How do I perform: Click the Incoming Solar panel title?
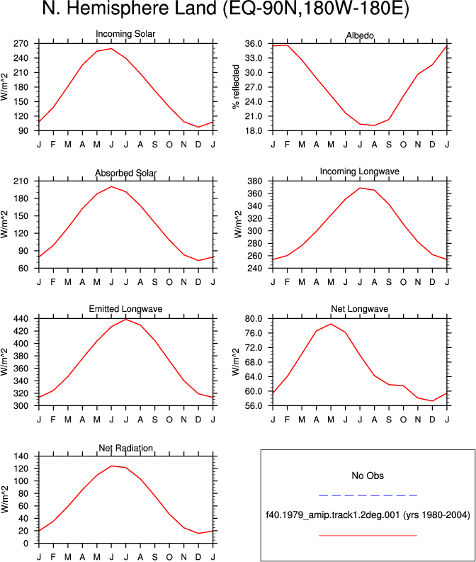pos(125,34)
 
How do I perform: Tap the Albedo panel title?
pos(360,35)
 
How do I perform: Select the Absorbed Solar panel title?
pos(125,173)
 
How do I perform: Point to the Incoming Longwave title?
pos(360,172)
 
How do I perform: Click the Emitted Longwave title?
pos(125,309)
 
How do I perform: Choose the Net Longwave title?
pos(360,309)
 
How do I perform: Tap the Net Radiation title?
pos(125,448)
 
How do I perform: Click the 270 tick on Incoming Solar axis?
pos(21,44)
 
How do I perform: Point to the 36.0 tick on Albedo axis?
pos(254,44)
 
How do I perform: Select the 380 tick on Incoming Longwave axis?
pos(255,181)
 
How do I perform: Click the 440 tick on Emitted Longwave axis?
pos(21,319)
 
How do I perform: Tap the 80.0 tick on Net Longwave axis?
pos(254,319)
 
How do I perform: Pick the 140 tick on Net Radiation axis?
pos(21,456)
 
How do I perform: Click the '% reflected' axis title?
pos(236,87)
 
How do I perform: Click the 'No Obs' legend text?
pos(368,476)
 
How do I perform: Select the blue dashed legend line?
pos(368,495)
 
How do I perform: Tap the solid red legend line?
pos(368,536)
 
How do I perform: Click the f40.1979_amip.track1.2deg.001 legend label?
pos(333,515)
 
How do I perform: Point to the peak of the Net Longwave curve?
pos(331,324)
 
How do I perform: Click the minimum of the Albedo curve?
pos(374,125)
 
